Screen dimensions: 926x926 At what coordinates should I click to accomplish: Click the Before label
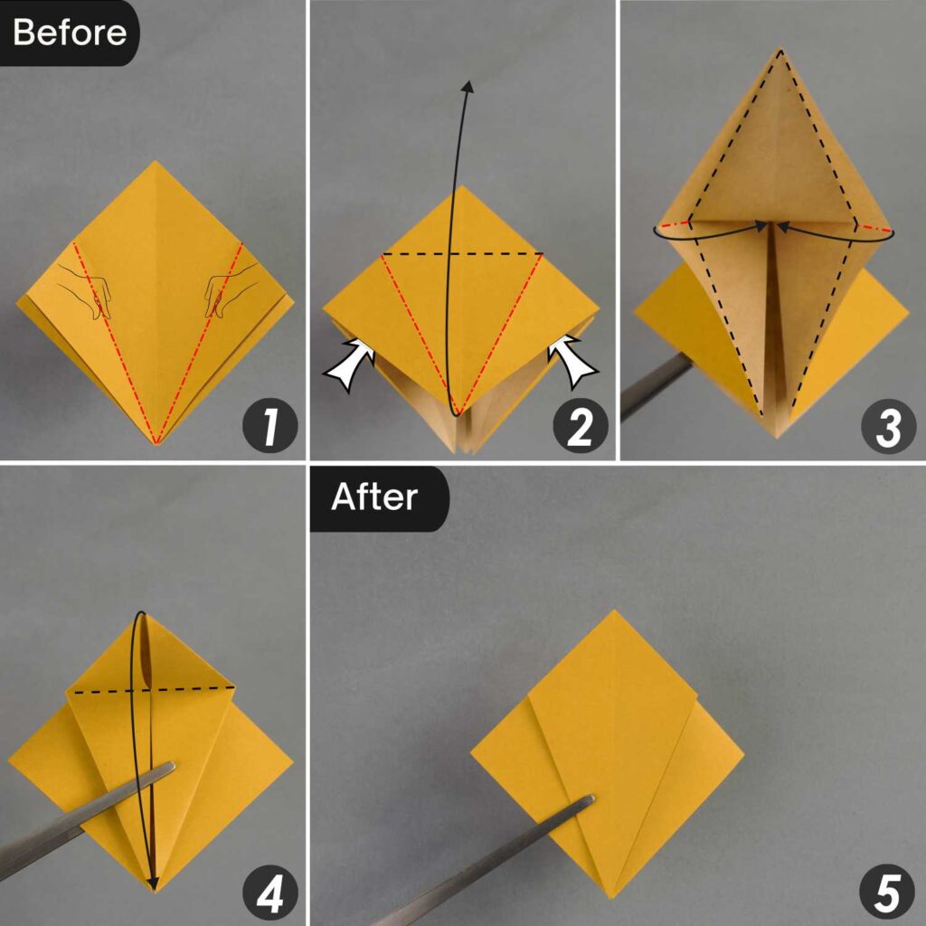click(69, 33)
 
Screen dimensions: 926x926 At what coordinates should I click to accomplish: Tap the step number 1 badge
click(270, 428)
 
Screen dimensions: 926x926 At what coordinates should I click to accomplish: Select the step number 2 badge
click(580, 428)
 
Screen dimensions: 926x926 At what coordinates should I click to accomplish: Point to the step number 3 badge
click(889, 428)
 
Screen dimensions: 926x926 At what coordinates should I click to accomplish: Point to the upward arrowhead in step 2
click(468, 86)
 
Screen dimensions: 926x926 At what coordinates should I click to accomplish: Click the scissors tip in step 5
click(589, 799)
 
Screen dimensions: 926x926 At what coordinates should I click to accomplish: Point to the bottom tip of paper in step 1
click(157, 443)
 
